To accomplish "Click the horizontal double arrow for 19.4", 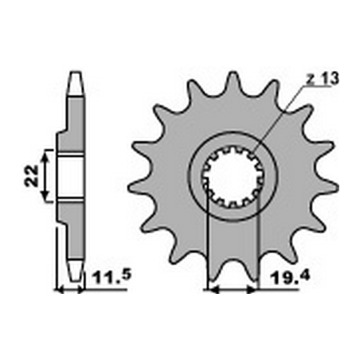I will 233,290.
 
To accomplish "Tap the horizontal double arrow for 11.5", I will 69,290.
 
